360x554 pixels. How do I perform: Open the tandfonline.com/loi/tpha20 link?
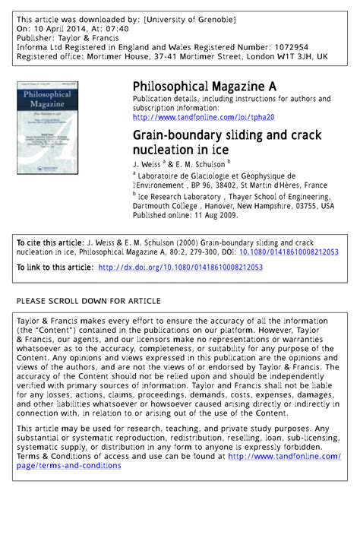(x=203, y=118)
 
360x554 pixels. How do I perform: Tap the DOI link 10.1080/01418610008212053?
(x=289, y=252)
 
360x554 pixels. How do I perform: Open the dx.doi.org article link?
(x=181, y=267)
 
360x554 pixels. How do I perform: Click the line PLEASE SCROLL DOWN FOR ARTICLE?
(x=89, y=301)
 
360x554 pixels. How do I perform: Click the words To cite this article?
(x=47, y=242)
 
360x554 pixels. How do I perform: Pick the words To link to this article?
(x=55, y=267)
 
